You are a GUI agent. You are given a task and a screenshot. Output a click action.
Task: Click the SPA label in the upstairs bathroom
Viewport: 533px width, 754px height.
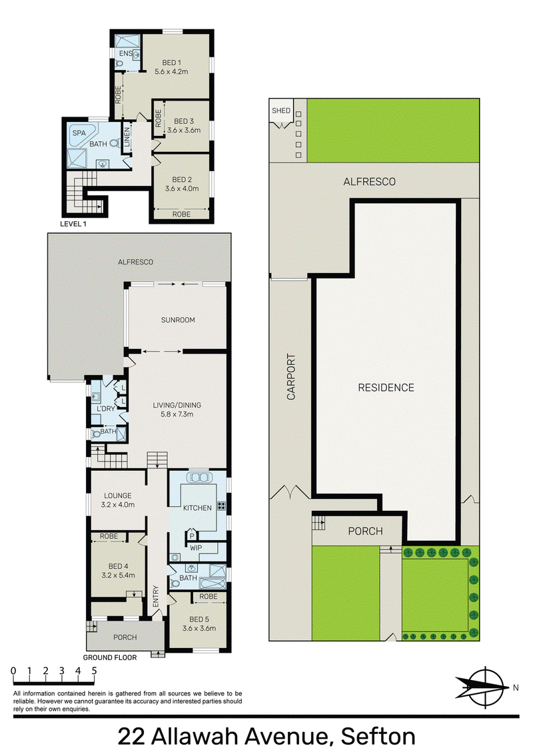pos(79,133)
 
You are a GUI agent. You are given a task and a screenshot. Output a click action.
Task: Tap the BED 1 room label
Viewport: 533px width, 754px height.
pos(171,63)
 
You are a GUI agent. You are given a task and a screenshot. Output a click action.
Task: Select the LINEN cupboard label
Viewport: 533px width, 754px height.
pos(127,137)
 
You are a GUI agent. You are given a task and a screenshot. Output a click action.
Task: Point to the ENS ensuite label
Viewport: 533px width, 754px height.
pos(125,53)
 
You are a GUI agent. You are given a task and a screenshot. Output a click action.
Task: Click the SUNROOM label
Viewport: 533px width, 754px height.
pos(178,320)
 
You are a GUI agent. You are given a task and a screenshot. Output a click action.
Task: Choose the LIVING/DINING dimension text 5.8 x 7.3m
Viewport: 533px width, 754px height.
pos(177,414)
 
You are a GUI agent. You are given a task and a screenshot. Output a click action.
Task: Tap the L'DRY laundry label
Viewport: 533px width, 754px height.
pos(106,409)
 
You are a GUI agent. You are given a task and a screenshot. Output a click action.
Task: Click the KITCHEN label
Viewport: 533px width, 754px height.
pos(197,508)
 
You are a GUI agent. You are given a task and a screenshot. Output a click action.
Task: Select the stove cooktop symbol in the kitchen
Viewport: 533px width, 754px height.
pos(222,506)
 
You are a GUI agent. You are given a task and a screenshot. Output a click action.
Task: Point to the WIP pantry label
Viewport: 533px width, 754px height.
pos(196,548)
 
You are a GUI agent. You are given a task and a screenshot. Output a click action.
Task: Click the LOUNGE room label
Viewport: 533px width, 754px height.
pos(118,496)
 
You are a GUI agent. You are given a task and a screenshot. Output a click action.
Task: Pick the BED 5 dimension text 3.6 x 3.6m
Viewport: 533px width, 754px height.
pos(199,628)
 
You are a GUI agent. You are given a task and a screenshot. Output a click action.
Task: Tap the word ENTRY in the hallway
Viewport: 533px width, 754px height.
pos(155,595)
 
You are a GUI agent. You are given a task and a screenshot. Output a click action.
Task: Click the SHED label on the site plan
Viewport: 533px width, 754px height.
pos(281,111)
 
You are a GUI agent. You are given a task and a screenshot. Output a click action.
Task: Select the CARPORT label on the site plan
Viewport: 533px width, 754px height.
pos(291,377)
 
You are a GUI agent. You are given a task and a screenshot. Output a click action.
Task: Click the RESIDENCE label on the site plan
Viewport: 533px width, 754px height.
pos(386,388)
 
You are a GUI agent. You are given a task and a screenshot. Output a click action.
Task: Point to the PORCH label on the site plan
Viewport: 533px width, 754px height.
pos(365,531)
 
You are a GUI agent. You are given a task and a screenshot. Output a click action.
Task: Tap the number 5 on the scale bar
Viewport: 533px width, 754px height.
pos(95,671)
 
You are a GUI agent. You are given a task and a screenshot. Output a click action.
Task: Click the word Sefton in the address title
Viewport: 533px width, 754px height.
pos(378,737)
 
